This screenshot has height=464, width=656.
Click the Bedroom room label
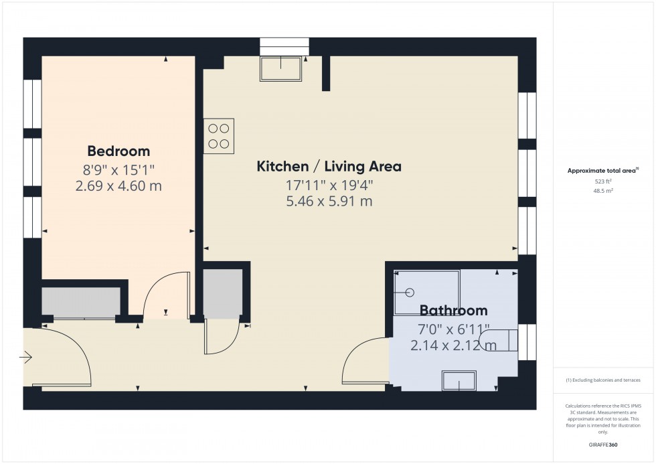click(x=118, y=151)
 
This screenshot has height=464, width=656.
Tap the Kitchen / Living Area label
click(x=329, y=166)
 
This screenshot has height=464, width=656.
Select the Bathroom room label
click(x=453, y=311)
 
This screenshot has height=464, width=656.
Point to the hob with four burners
click(x=219, y=136)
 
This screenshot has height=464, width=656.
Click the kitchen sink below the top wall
click(x=282, y=68)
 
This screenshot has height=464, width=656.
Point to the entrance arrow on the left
click(x=26, y=358)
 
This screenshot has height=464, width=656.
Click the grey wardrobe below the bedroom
click(x=81, y=302)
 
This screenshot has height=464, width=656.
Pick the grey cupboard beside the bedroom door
click(x=222, y=293)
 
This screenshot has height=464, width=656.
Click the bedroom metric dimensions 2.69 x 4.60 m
click(x=118, y=185)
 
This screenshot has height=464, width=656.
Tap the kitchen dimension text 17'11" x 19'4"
click(x=329, y=184)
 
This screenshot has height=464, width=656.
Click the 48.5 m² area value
click(x=603, y=190)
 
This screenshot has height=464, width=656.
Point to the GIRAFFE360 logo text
click(x=603, y=444)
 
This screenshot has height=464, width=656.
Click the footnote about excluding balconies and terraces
click(x=603, y=380)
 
